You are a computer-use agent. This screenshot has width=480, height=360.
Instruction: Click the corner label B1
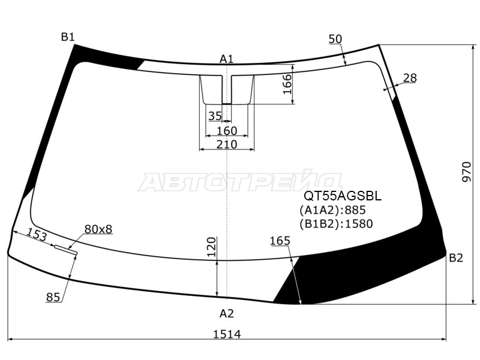(68, 37)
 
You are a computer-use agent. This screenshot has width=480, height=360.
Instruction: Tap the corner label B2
(455, 258)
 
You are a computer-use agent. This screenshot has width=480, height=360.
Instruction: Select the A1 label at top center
(227, 59)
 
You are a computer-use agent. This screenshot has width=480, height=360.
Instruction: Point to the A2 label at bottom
(227, 313)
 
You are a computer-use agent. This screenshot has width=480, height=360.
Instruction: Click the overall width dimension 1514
(227, 334)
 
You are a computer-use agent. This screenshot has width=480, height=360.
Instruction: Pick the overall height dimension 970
(467, 172)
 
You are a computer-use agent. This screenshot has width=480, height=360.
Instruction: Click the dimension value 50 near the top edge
(335, 39)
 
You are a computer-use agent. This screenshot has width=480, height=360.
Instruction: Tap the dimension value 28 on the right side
(410, 78)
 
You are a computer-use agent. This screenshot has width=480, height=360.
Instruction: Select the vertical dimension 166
(288, 84)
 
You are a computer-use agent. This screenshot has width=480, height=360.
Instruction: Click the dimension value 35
(215, 116)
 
